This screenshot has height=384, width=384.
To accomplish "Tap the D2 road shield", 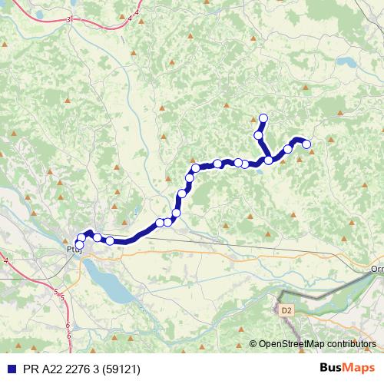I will pos(286,310).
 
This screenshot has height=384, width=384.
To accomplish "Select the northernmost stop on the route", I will pos(263,118).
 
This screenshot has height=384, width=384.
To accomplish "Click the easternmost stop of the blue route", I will pos(306,144).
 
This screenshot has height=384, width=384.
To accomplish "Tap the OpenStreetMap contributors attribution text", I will pos(317,344).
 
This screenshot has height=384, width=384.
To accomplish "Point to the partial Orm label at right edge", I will pos(376,269).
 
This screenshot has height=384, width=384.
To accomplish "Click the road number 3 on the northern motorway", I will pos(69,18).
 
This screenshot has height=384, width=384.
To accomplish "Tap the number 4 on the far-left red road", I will pos(6,262).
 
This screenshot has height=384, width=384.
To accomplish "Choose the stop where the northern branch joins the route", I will pos(269,160).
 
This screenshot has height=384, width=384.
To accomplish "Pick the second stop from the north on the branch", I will pos(259,135).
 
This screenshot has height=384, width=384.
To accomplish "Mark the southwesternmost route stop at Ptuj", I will pos(78,245).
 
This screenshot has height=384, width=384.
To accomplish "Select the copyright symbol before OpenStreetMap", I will pos(253,344).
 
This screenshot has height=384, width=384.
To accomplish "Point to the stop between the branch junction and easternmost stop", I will pos(288,149).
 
